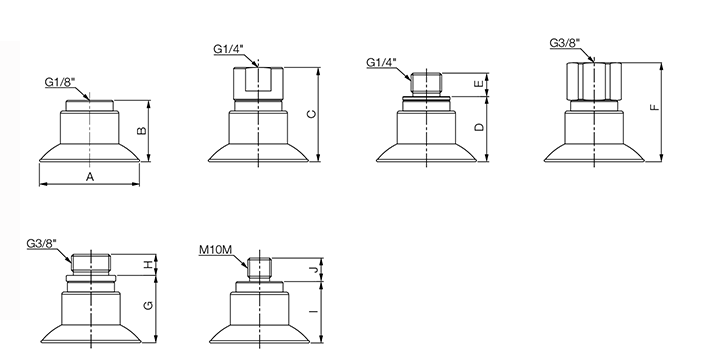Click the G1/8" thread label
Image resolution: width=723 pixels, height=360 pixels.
point(59,82)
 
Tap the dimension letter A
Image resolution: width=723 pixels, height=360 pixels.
point(90,177)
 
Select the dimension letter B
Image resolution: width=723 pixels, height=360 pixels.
point(142,130)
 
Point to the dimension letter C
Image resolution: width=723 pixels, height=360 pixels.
point(312,114)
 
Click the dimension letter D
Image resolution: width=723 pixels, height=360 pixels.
point(480,127)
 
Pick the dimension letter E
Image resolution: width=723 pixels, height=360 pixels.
point(480,84)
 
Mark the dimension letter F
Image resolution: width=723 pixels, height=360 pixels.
point(655,108)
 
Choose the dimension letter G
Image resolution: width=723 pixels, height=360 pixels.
point(148,305)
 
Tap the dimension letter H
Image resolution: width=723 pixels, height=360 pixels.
point(148,265)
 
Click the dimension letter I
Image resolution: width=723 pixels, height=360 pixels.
point(314,312)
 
